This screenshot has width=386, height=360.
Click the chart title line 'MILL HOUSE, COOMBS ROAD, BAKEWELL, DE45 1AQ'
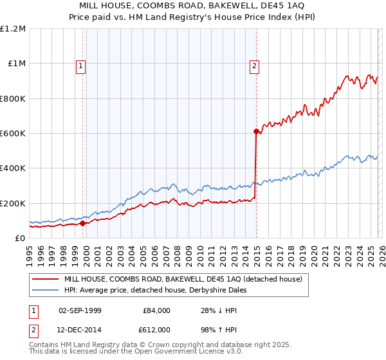coord(193,6)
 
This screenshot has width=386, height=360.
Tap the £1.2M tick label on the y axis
coord(13,29)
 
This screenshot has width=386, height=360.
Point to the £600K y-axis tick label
coord(13,134)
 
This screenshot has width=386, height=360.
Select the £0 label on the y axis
coord(19,239)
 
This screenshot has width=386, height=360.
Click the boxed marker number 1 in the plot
coord(81,65)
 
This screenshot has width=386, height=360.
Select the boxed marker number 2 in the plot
coord(255,65)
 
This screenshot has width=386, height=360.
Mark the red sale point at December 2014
coord(255,131)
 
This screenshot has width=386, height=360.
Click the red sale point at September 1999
coord(82,224)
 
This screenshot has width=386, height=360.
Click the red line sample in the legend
coord(46,279)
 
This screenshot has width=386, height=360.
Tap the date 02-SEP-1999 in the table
coord(80,310)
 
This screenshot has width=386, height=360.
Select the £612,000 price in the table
coord(156,329)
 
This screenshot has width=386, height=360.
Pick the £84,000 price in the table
coord(156,310)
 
